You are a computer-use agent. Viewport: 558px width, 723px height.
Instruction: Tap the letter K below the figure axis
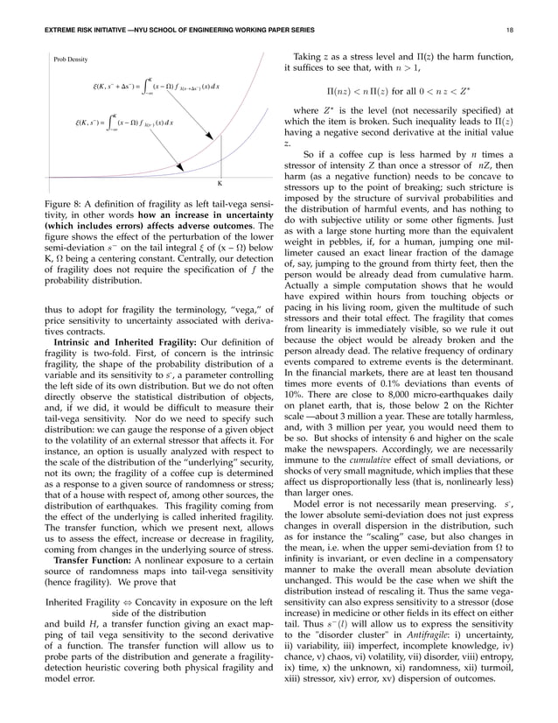[220, 184]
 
